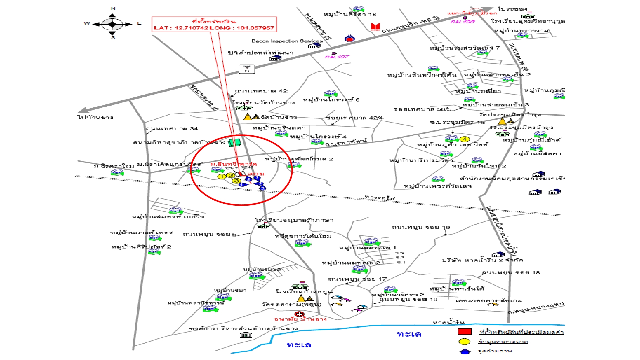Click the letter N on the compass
(x=113, y=9)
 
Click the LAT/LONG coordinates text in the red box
(x=214, y=28)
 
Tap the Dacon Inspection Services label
(x=287, y=41)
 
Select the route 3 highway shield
(x=247, y=69)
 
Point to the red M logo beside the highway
(x=376, y=27)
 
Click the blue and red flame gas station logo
(x=349, y=38)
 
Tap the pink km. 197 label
(x=337, y=57)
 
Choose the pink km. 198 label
(x=463, y=22)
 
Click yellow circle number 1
(x=222, y=176)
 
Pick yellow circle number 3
(x=236, y=181)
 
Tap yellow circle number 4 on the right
(x=465, y=139)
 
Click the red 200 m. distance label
(x=257, y=174)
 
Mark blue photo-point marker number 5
(x=249, y=179)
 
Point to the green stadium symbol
(x=235, y=142)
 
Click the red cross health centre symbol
(x=299, y=314)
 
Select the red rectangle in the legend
(x=464, y=331)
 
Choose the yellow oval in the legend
(x=464, y=341)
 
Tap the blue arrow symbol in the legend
(x=465, y=351)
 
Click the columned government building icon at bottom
(x=246, y=334)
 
